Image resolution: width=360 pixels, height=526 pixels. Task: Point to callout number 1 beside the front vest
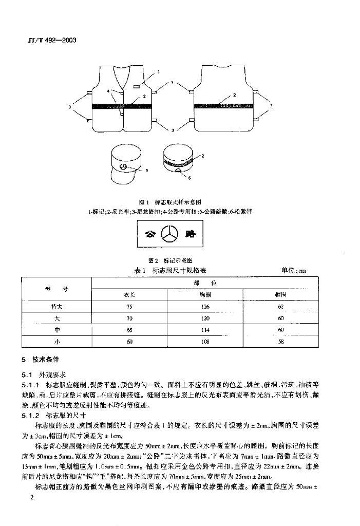159,72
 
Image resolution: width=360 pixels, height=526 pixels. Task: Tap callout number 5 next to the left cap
146,171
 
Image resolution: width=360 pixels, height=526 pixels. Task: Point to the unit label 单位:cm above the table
293,270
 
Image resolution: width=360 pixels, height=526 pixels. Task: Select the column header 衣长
128,295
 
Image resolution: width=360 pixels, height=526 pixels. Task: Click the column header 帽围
280,295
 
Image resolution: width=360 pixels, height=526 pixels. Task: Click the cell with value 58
280,341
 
